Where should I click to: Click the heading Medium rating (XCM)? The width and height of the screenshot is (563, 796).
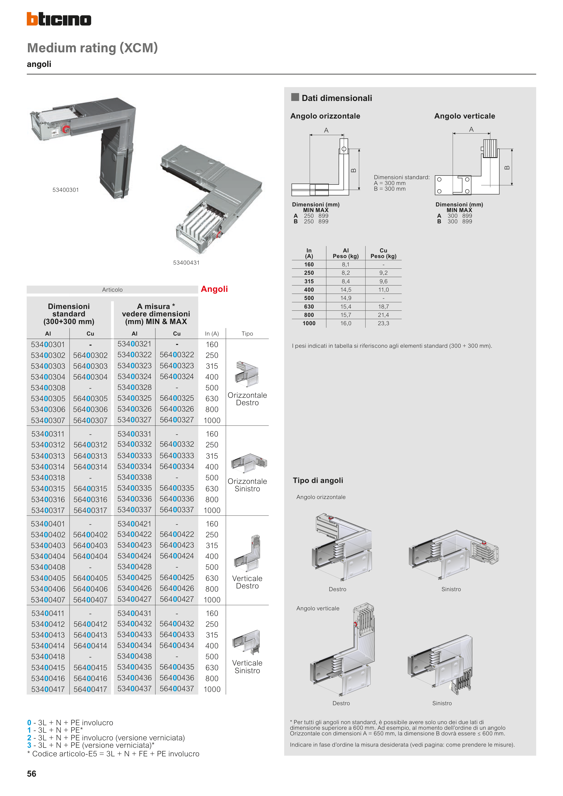[x=92, y=48]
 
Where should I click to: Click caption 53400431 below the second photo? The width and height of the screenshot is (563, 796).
[x=186, y=263]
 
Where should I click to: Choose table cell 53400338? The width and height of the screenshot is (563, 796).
[x=134, y=477]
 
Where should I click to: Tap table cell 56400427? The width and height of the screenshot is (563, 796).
[x=177, y=599]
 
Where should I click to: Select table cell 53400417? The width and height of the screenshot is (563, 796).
[x=48, y=689]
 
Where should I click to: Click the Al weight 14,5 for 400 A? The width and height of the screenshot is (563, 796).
[x=345, y=290]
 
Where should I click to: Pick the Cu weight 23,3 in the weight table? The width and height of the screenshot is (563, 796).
[x=383, y=323]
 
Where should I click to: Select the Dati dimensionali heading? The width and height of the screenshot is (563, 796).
[x=336, y=98]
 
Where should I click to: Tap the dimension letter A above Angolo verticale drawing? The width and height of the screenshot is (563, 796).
[x=471, y=129]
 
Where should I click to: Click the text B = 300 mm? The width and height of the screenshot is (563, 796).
[x=390, y=189]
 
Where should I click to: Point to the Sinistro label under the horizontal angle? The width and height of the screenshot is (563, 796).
[x=451, y=589]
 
